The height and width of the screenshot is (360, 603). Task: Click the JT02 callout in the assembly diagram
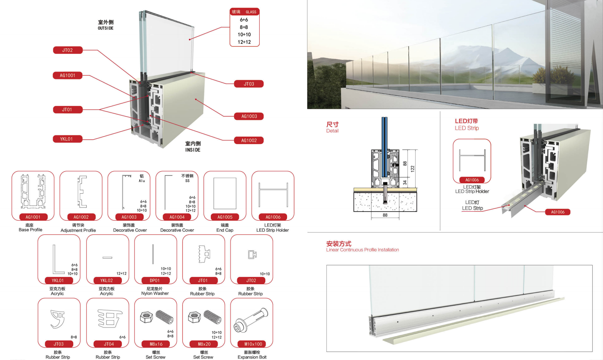(x=67, y=50)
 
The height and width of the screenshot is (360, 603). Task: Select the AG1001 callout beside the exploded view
(x=67, y=75)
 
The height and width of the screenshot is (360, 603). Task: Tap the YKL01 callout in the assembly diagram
(x=66, y=139)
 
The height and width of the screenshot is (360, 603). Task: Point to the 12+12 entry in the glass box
(x=244, y=42)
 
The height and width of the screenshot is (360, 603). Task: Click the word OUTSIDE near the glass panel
(x=105, y=28)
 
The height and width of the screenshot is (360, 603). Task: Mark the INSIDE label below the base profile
(x=193, y=150)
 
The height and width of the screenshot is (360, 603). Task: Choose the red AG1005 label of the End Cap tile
(x=225, y=217)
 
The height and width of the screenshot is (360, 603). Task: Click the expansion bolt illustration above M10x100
(x=251, y=320)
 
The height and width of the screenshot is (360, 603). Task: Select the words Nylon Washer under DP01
(x=155, y=294)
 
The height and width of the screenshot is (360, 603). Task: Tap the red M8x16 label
(x=156, y=344)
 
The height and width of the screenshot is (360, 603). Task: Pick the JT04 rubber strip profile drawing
(x=109, y=318)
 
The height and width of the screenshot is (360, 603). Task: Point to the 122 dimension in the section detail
(x=412, y=169)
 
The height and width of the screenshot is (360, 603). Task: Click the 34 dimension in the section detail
(x=405, y=183)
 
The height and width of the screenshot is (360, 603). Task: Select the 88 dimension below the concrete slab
(x=385, y=215)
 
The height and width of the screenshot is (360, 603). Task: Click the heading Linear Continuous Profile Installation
(x=362, y=250)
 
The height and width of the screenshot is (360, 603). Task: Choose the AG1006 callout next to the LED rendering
(x=557, y=212)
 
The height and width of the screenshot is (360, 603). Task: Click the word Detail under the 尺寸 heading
(x=332, y=131)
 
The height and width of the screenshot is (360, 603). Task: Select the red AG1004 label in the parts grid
(x=177, y=217)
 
